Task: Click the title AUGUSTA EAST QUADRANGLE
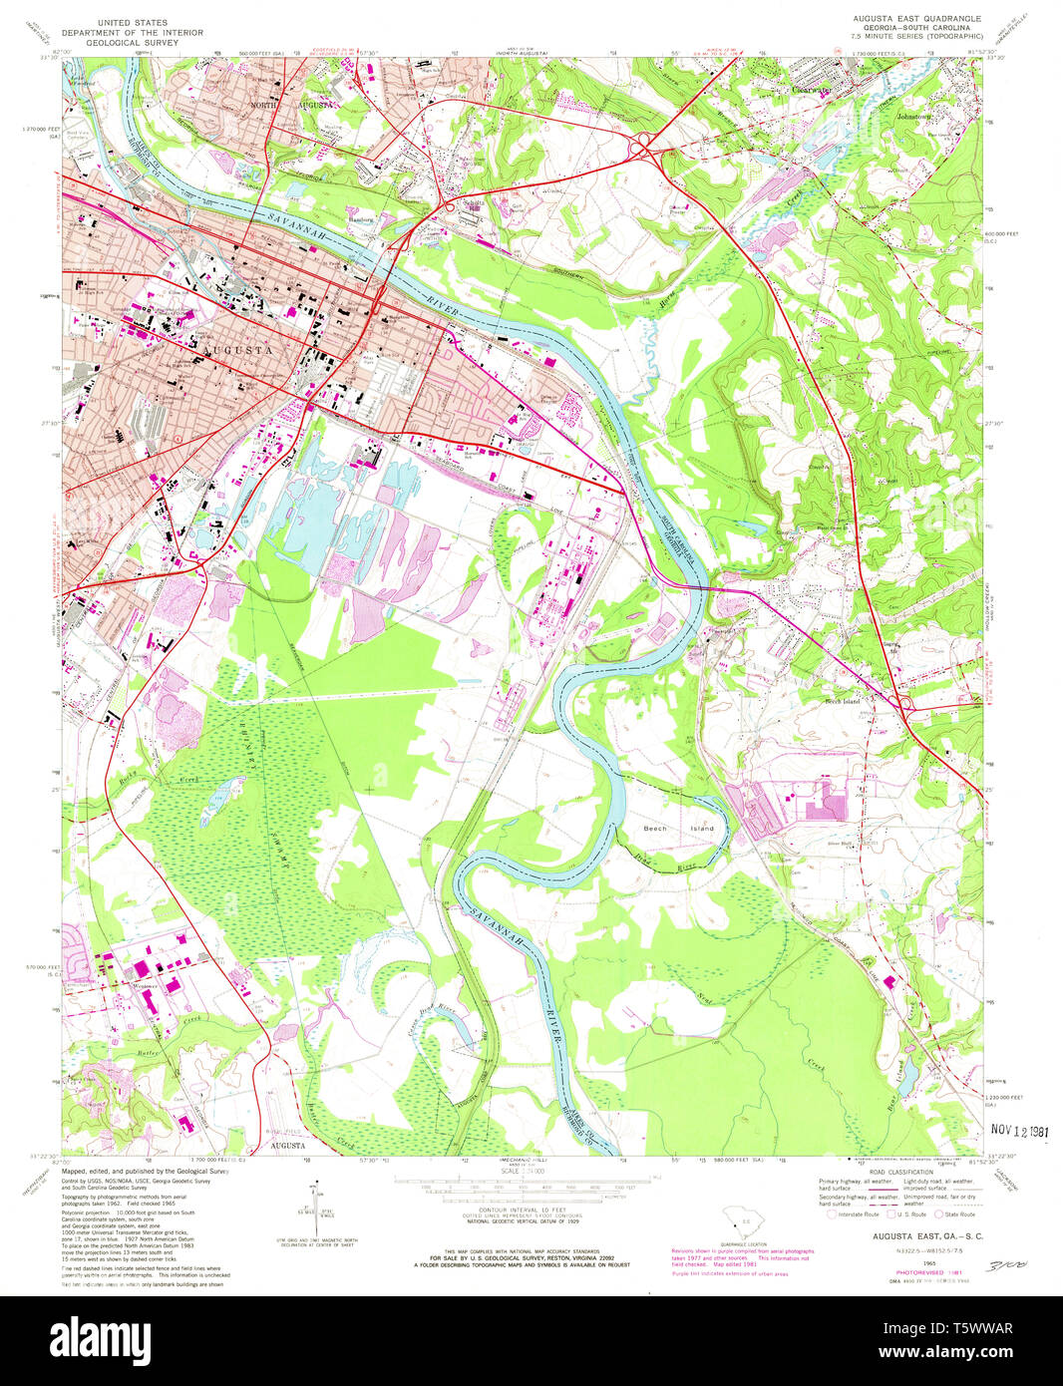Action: click(x=916, y=19)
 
